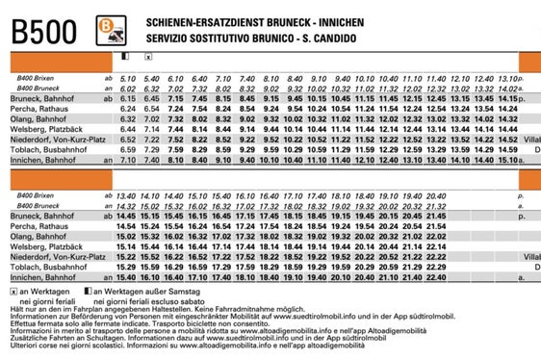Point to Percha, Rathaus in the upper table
(x=41, y=109)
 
